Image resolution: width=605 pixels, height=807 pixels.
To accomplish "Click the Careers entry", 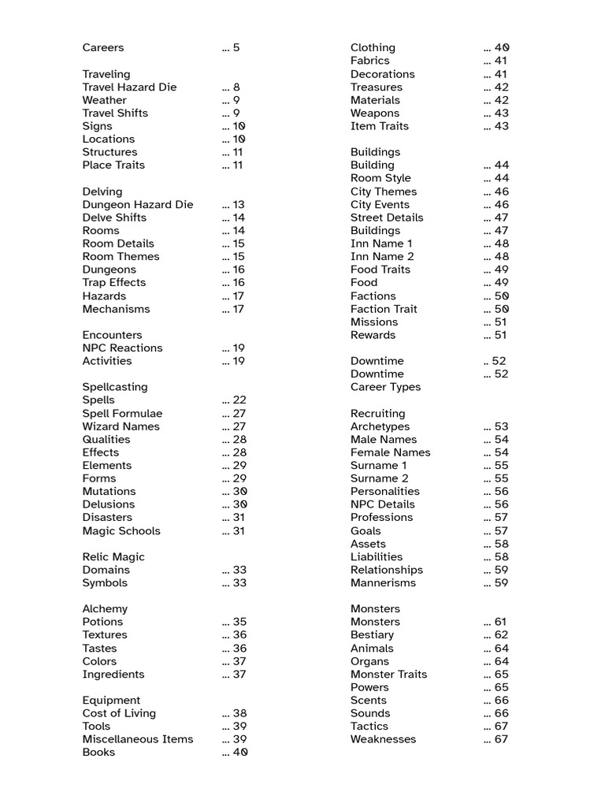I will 103,48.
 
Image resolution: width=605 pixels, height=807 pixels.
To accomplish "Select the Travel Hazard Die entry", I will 129,87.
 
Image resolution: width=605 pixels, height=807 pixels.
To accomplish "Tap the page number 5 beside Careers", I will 236,48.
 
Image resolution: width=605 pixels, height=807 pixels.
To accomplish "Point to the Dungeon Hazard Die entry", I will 137,205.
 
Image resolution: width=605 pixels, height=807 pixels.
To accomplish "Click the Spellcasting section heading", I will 115,387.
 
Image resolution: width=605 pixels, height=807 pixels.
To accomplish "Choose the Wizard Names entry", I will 121,426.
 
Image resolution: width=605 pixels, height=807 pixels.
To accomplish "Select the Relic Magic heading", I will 113,557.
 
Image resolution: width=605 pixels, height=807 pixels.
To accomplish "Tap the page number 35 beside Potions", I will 239,622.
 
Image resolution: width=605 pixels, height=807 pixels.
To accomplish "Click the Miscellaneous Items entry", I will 137,739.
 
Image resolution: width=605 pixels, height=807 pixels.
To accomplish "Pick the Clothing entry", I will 373,48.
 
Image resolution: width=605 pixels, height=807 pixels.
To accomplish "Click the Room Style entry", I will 380,178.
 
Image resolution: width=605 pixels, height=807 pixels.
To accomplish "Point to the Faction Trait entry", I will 384,309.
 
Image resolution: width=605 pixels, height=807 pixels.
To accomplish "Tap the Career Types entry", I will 385,387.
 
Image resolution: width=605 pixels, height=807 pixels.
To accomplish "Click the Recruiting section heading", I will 377,414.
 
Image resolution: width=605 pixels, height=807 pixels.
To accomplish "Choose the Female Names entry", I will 390,452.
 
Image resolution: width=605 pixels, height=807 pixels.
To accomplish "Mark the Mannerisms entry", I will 383,583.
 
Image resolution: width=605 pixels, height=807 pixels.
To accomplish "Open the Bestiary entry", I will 372,635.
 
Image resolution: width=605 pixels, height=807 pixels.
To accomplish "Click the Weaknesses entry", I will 383,739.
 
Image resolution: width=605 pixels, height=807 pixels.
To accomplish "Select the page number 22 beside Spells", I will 239,400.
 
